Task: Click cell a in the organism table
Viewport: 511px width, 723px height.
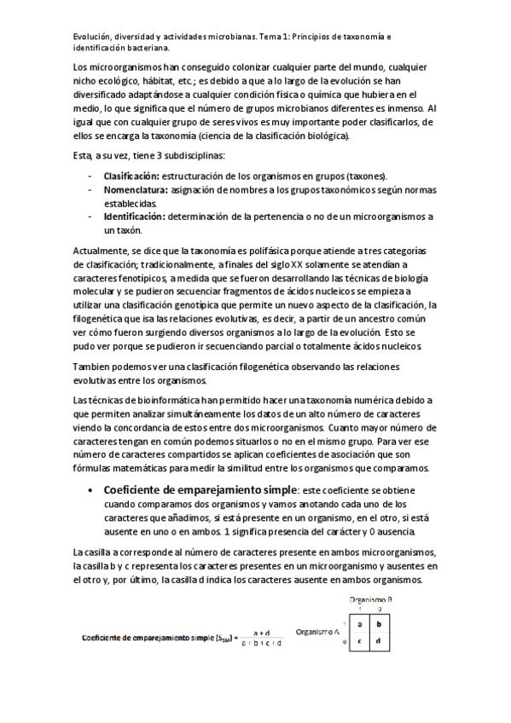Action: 359,623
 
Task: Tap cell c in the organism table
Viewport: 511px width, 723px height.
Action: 359,642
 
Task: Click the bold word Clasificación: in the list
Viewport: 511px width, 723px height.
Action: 135,175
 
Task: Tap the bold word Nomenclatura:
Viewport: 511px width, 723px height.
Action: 136,190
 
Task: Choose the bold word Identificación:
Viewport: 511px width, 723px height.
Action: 135,217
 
